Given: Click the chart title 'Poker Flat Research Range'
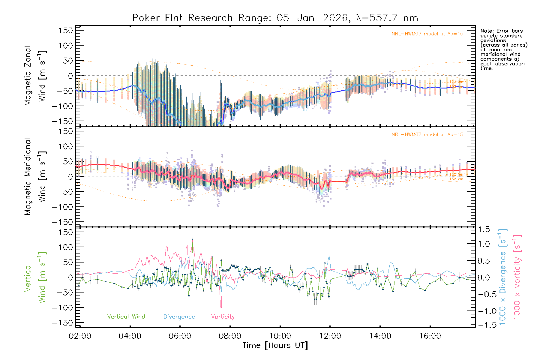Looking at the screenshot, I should [x=182, y=18].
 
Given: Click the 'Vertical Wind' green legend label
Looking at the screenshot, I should [x=126, y=316].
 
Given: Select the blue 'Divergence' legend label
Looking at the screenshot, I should [x=179, y=316].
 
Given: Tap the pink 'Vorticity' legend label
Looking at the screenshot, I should [x=223, y=316].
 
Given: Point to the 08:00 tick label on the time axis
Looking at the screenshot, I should [x=230, y=336].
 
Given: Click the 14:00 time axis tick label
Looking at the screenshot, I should [x=380, y=336].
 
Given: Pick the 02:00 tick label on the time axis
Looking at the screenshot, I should [x=80, y=336].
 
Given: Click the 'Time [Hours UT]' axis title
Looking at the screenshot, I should [x=275, y=345].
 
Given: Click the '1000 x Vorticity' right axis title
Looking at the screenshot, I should [x=517, y=277].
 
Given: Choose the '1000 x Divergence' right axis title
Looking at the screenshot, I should [x=503, y=277].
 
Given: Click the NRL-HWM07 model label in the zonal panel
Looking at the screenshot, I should [x=427, y=34].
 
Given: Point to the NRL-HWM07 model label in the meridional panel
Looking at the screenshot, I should [x=427, y=135].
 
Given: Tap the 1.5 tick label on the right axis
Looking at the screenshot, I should [x=484, y=229].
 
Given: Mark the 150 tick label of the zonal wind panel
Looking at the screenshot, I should [x=66, y=30].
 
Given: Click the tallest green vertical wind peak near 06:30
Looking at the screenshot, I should [x=193, y=240].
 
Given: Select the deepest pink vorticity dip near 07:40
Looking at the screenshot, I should [x=221, y=307].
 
